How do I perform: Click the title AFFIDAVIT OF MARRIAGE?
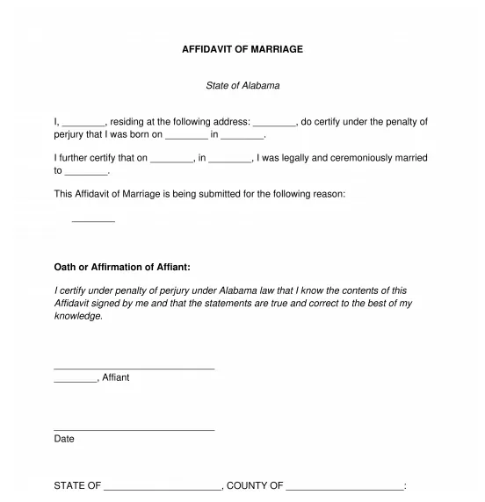tap(242, 49)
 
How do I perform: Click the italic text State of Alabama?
tap(242, 86)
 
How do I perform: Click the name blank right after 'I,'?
tap(84, 123)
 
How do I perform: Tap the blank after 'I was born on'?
tap(186, 136)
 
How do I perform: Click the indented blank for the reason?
tap(93, 220)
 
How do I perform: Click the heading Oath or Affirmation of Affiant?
tap(122, 267)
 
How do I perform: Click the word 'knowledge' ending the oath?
tap(77, 316)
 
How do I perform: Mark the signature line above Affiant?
tap(134, 368)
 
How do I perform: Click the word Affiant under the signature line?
tap(116, 377)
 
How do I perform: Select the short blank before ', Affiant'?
tap(76, 379)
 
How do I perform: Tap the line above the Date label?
tap(134, 429)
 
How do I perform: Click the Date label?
tap(64, 439)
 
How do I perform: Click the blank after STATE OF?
tap(163, 487)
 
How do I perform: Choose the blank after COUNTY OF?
tap(344, 487)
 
